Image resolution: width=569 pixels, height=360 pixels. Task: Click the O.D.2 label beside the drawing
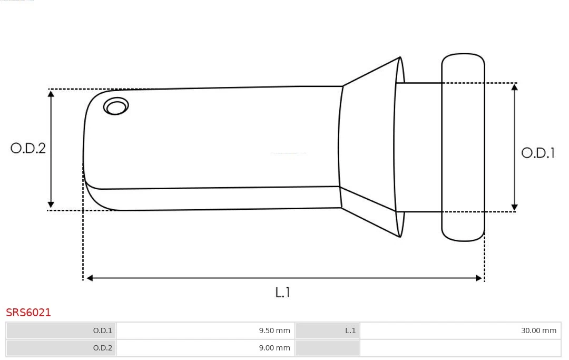[28, 148]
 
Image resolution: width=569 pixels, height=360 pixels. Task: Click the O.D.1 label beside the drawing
[538, 153]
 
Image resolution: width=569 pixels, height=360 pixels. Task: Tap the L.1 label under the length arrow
[282, 292]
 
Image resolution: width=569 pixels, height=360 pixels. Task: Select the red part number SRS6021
[28, 313]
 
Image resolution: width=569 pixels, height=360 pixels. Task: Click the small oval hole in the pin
[116, 106]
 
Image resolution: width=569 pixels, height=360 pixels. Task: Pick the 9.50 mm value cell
[205, 330]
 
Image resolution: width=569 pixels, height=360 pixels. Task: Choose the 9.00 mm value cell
[205, 348]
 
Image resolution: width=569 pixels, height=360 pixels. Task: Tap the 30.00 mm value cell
[460, 330]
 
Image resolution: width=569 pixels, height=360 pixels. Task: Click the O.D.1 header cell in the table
[61, 330]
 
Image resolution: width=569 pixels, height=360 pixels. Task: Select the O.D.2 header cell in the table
[61, 348]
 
